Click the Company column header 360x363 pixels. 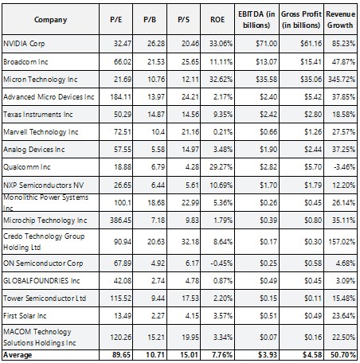(x=50, y=20)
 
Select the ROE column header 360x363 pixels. (x=217, y=20)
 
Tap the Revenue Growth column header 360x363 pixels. (x=340, y=20)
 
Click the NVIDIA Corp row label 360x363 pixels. (x=24, y=44)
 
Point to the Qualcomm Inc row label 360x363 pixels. (x=27, y=167)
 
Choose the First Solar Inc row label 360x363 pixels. (x=25, y=316)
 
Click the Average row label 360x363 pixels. (x=18, y=355)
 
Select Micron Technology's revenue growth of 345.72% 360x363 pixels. (x=342, y=80)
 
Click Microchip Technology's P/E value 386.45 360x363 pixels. (x=120, y=221)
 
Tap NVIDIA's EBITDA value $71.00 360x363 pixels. (x=267, y=44)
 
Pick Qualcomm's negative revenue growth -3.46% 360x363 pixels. (x=344, y=167)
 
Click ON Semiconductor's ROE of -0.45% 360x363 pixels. (x=221, y=263)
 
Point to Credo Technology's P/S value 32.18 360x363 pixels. (x=190, y=242)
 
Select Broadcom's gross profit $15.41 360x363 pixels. (x=311, y=62)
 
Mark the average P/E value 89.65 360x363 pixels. (x=122, y=355)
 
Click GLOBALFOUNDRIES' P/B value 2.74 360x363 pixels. (x=158, y=281)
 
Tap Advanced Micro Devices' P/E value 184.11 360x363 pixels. (x=120, y=97)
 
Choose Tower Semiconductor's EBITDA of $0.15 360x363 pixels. (x=268, y=299)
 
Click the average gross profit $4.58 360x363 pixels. (x=312, y=355)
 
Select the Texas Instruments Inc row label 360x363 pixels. (x=38, y=115)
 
